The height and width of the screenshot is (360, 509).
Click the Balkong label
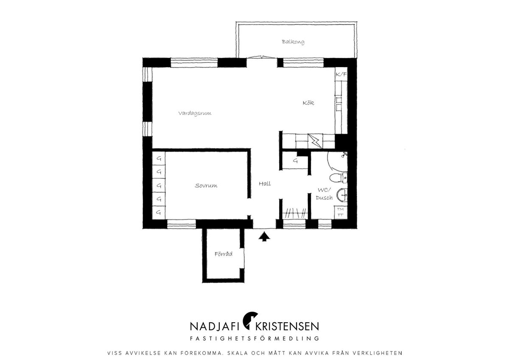pos(293,42)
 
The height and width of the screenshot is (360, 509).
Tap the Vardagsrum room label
pos(195,113)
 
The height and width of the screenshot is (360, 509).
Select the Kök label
pos(308,103)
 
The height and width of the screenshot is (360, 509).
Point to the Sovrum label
pos(206,186)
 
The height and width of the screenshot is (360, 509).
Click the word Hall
pos(265,184)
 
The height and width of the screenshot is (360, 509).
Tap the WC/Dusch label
pos(324,194)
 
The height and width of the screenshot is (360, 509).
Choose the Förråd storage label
pos(224,253)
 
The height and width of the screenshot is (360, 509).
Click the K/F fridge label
pos(341,74)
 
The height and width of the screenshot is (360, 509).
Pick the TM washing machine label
pos(340,209)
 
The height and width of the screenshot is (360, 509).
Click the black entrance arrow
pos(264,236)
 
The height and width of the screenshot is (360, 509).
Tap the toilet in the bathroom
pos(338,178)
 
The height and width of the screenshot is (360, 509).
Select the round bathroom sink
pos(342,195)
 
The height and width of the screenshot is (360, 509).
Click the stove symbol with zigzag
pos(315,141)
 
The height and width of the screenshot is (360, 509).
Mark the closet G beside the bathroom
pos(295,161)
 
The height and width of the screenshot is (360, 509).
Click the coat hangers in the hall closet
pos(295,213)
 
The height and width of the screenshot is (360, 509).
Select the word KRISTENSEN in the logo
pos(287,326)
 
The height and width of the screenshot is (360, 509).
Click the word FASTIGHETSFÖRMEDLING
pos(255,338)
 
